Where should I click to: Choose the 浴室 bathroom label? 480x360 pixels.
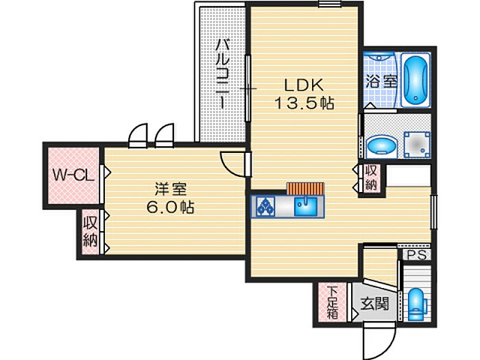click(381, 81)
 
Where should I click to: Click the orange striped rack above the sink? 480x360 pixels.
click(304, 189)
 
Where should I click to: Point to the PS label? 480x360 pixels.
click(415, 254)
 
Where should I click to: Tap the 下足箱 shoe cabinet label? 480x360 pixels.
click(333, 302)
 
